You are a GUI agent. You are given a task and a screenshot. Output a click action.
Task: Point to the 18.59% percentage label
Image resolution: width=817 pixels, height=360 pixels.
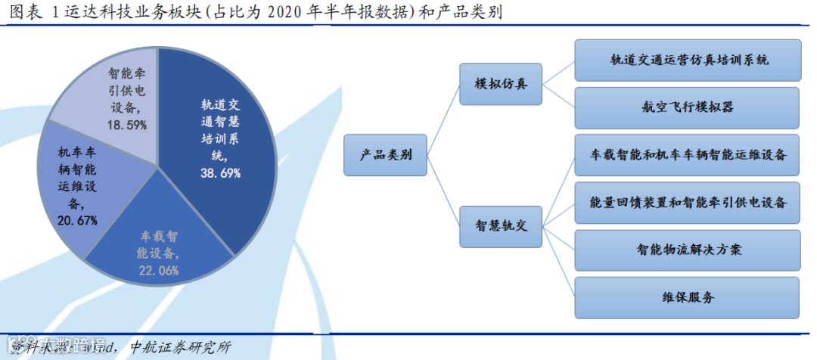(126, 124)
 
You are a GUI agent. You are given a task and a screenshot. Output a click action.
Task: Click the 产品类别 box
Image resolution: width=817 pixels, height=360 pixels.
(386, 155)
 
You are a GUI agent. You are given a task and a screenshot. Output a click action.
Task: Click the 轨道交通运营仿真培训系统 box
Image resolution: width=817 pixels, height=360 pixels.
(687, 60)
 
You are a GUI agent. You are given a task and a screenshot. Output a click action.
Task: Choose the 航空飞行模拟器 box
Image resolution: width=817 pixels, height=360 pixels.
(687, 107)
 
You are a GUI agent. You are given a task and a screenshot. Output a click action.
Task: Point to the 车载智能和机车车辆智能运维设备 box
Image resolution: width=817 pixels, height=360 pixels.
(687, 154)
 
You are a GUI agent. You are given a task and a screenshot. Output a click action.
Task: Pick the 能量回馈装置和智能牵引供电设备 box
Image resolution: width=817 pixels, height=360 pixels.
(687, 202)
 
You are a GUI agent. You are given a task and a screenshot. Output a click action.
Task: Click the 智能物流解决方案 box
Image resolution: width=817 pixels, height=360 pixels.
(687, 250)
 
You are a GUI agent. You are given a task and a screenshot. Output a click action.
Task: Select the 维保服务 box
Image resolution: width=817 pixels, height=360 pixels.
(687, 297)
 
